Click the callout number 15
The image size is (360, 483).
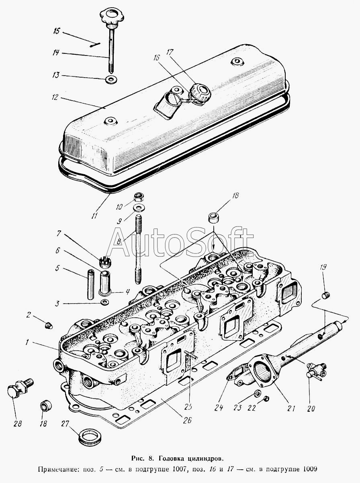tap(57, 31)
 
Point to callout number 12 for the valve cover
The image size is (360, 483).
tap(55, 97)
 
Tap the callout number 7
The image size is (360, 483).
tap(59, 234)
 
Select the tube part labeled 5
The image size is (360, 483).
tap(90, 284)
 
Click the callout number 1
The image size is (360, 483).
tap(27, 342)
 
